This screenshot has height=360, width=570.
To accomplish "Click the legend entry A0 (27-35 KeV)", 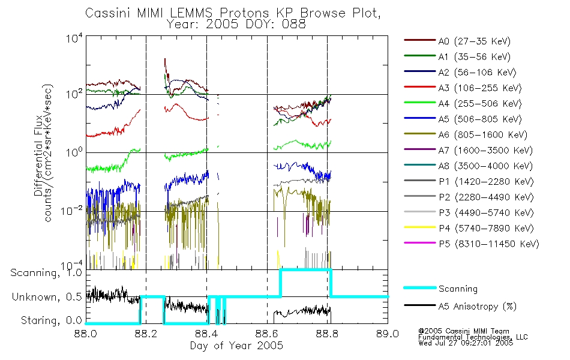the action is [x=474, y=41].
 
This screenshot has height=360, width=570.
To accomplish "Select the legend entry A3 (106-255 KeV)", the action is [x=480, y=88].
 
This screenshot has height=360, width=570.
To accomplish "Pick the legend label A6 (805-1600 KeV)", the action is [x=483, y=135].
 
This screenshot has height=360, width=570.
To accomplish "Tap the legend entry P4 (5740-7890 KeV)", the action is [x=486, y=229].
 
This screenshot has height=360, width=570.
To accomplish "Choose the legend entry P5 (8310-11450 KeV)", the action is [x=489, y=244].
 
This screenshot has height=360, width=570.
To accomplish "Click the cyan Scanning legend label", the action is [x=458, y=289].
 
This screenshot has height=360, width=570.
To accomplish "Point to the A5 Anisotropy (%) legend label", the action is [x=478, y=307].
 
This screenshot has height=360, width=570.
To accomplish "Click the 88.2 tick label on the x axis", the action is [x=146, y=334].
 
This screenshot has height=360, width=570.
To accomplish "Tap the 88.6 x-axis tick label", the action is [x=267, y=334].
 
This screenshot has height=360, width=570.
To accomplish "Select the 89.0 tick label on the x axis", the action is [x=388, y=334].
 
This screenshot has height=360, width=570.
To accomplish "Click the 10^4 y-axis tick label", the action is [x=74, y=38].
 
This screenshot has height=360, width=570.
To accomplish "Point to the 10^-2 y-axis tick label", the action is [x=72, y=211].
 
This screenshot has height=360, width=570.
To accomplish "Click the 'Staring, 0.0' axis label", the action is [x=51, y=320].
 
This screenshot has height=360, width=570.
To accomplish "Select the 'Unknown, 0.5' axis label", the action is [x=47, y=297].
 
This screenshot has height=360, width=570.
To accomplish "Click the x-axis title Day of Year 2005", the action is [x=236, y=346].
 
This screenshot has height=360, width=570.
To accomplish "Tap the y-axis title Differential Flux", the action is [x=38, y=160].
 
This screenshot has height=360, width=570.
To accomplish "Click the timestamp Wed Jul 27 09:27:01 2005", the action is [x=466, y=343].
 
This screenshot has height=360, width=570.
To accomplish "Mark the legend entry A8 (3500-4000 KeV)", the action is [x=485, y=166].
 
